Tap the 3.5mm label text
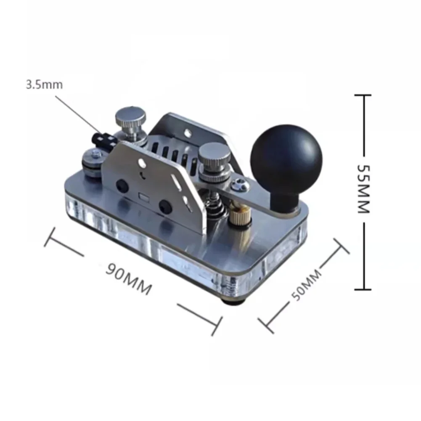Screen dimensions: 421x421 coord(44,85)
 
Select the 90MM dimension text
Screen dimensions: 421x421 coord(129,279)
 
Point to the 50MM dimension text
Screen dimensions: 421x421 coord(306,285)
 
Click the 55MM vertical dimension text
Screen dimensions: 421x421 coord(364,189)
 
